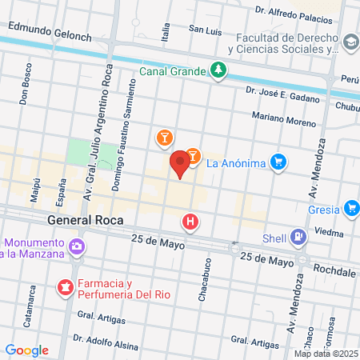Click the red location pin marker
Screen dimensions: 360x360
point(181,163)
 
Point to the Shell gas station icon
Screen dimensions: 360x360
point(298,237)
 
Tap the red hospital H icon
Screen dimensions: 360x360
point(190,222)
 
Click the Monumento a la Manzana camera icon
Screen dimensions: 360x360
point(76,246)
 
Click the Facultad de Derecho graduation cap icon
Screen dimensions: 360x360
point(350,42)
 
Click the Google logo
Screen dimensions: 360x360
point(26,350)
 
